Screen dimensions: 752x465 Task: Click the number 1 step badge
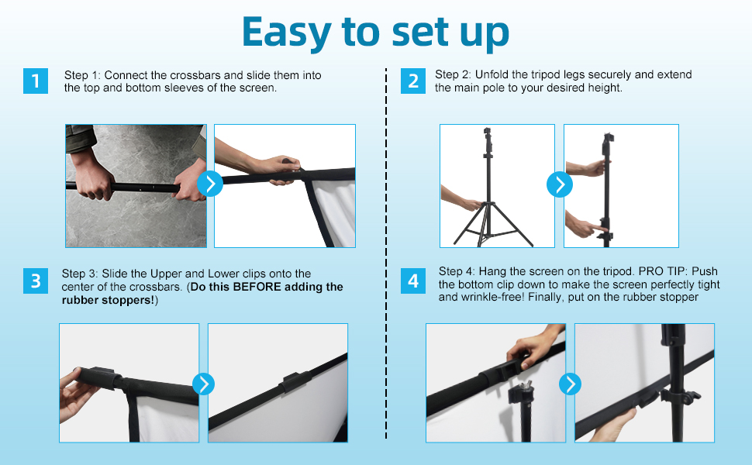pyautogui.click(x=36, y=81)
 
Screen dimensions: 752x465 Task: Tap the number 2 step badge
pyautogui.click(x=413, y=81)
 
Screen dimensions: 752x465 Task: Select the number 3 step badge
pyautogui.click(x=36, y=281)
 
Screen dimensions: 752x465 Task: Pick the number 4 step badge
pyautogui.click(x=413, y=281)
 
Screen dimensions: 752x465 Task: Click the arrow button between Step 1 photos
pyautogui.click(x=210, y=184)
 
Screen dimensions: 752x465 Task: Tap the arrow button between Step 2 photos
pyautogui.click(x=560, y=184)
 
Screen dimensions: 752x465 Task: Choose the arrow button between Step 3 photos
pyautogui.click(x=204, y=384)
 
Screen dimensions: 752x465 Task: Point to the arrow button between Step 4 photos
pyautogui.click(x=571, y=384)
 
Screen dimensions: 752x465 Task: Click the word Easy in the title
pyautogui.click(x=286, y=32)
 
